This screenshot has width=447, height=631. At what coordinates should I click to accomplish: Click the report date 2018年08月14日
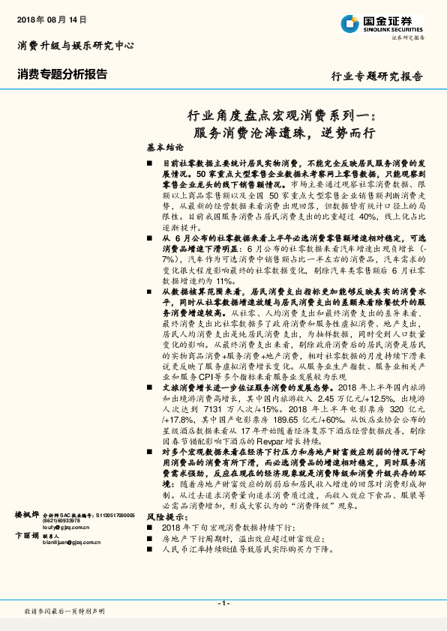point(52,18)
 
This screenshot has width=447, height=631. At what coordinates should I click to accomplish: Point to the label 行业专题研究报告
point(376,76)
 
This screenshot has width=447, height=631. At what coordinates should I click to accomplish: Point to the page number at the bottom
point(223,603)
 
